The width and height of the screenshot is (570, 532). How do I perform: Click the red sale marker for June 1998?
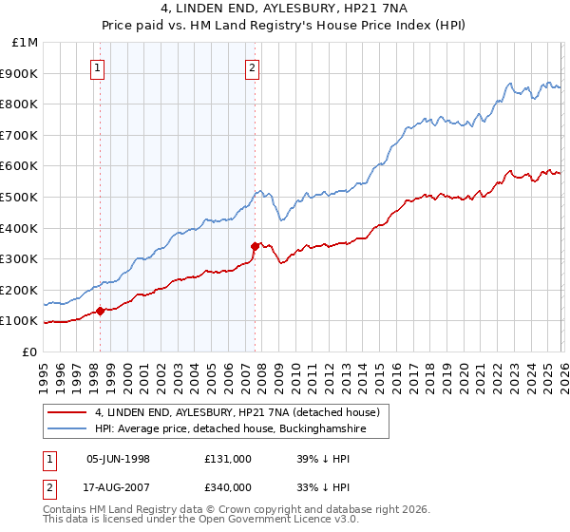(101, 310)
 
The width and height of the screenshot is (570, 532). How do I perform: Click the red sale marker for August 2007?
(255, 246)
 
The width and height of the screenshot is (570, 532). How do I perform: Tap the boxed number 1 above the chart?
(99, 67)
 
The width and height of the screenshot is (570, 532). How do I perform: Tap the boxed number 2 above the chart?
(253, 67)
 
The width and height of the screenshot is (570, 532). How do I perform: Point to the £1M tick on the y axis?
(26, 43)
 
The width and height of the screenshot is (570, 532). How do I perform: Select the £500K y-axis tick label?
(21, 198)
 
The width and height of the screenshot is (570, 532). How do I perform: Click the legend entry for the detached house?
(237, 412)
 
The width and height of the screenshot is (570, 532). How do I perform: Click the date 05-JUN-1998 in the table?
(118, 458)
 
